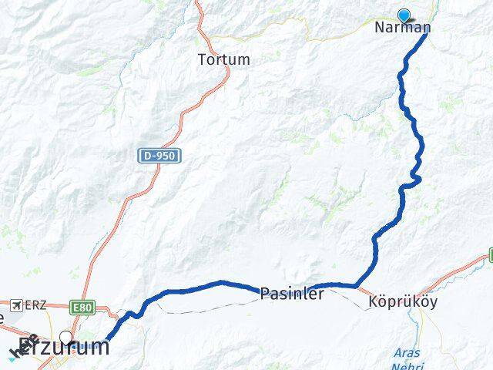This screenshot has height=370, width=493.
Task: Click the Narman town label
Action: (x=402, y=28)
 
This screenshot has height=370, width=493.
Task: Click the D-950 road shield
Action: (x=159, y=156)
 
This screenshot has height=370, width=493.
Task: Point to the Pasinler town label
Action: (x=292, y=294)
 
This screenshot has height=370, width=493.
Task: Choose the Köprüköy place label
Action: (x=403, y=302)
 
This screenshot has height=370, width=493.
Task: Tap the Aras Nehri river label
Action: (x=407, y=358)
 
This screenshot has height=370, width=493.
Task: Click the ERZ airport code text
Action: (x=35, y=305)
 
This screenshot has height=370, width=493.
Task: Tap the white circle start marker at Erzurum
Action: (x=67, y=338)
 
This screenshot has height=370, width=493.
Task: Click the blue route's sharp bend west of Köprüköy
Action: (x=357, y=286)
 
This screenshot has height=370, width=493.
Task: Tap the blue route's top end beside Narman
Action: (x=425, y=32)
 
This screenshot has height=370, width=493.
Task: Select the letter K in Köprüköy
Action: (x=374, y=302)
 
